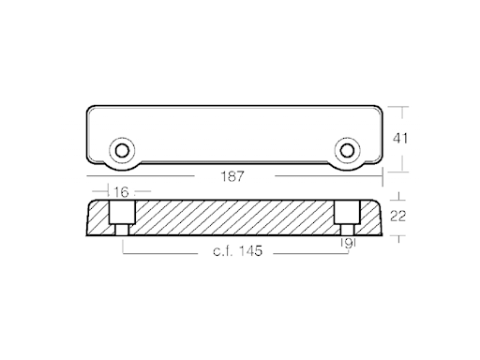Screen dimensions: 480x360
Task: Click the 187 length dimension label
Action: pyautogui.click(x=232, y=176)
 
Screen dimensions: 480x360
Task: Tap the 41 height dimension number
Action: pyautogui.click(x=400, y=139)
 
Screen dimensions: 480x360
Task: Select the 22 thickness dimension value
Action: pyautogui.click(x=397, y=216)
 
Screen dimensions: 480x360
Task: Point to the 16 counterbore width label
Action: pyautogui.click(x=121, y=192)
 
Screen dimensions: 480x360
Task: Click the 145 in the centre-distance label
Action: pyautogui.click(x=250, y=250)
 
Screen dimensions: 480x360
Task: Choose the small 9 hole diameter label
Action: pyautogui.click(x=348, y=243)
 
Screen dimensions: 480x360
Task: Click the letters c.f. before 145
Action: pyautogui.click(x=223, y=251)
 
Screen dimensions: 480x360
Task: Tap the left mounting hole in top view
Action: pyautogui.click(x=122, y=151)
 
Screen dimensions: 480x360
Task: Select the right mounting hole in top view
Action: pyautogui.click(x=347, y=151)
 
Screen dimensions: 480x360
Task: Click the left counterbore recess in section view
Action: pyautogui.click(x=122, y=212)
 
